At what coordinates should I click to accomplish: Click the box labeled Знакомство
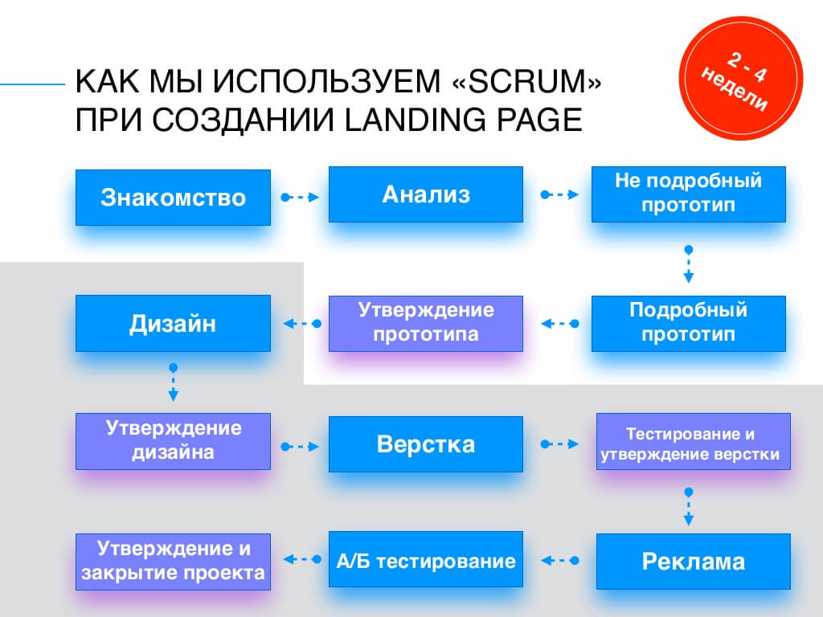tap(173, 197)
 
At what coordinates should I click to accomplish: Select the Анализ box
tap(426, 194)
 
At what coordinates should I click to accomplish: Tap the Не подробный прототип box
tap(688, 194)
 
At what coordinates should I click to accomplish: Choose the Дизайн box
tap(173, 324)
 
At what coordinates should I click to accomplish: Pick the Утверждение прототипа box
tap(426, 323)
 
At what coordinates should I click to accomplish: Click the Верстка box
tap(426, 444)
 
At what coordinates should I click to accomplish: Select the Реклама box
tap(693, 562)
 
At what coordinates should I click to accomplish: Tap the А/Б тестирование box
tap(426, 560)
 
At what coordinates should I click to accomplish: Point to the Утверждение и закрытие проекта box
tap(173, 562)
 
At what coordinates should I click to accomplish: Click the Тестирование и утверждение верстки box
tap(693, 444)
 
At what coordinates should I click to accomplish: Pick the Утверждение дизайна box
tap(173, 441)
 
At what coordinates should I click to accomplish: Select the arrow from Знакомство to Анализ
tap(300, 197)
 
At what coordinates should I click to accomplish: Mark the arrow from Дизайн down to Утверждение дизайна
tap(173, 382)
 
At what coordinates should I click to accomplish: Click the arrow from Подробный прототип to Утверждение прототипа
tap(559, 324)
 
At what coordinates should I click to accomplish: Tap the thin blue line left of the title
tap(32, 83)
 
